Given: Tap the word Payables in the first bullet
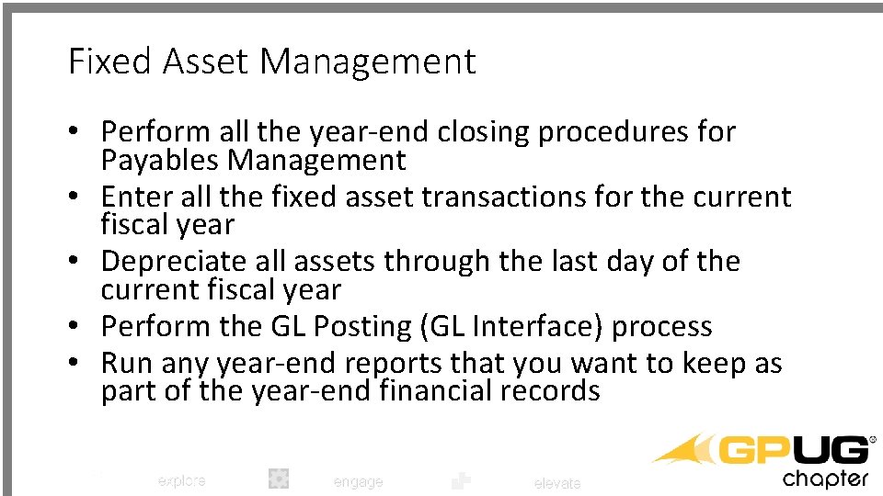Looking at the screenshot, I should pyautogui.click(x=161, y=161).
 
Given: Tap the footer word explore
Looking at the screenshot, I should pyautogui.click(x=181, y=480).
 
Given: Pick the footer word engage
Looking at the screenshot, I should pyautogui.click(x=357, y=481).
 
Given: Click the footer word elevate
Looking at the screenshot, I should pyautogui.click(x=557, y=482).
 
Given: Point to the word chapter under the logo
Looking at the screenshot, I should pyautogui.click(x=825, y=479).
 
